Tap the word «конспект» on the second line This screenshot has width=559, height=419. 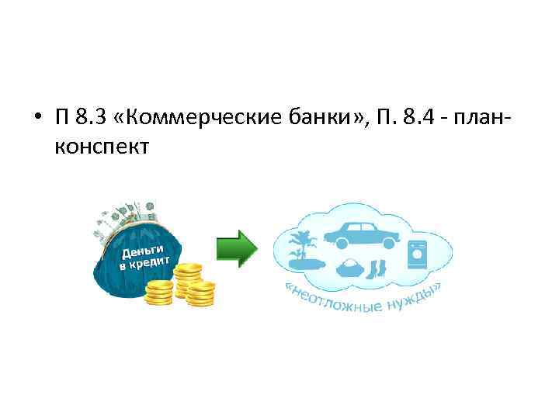(101, 146)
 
